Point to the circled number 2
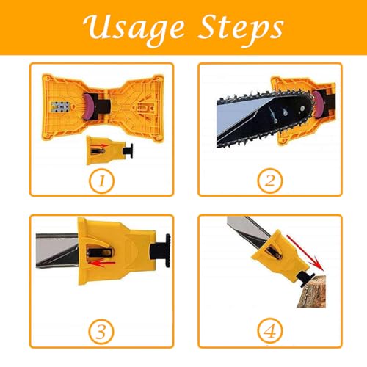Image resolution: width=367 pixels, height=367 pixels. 270,180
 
